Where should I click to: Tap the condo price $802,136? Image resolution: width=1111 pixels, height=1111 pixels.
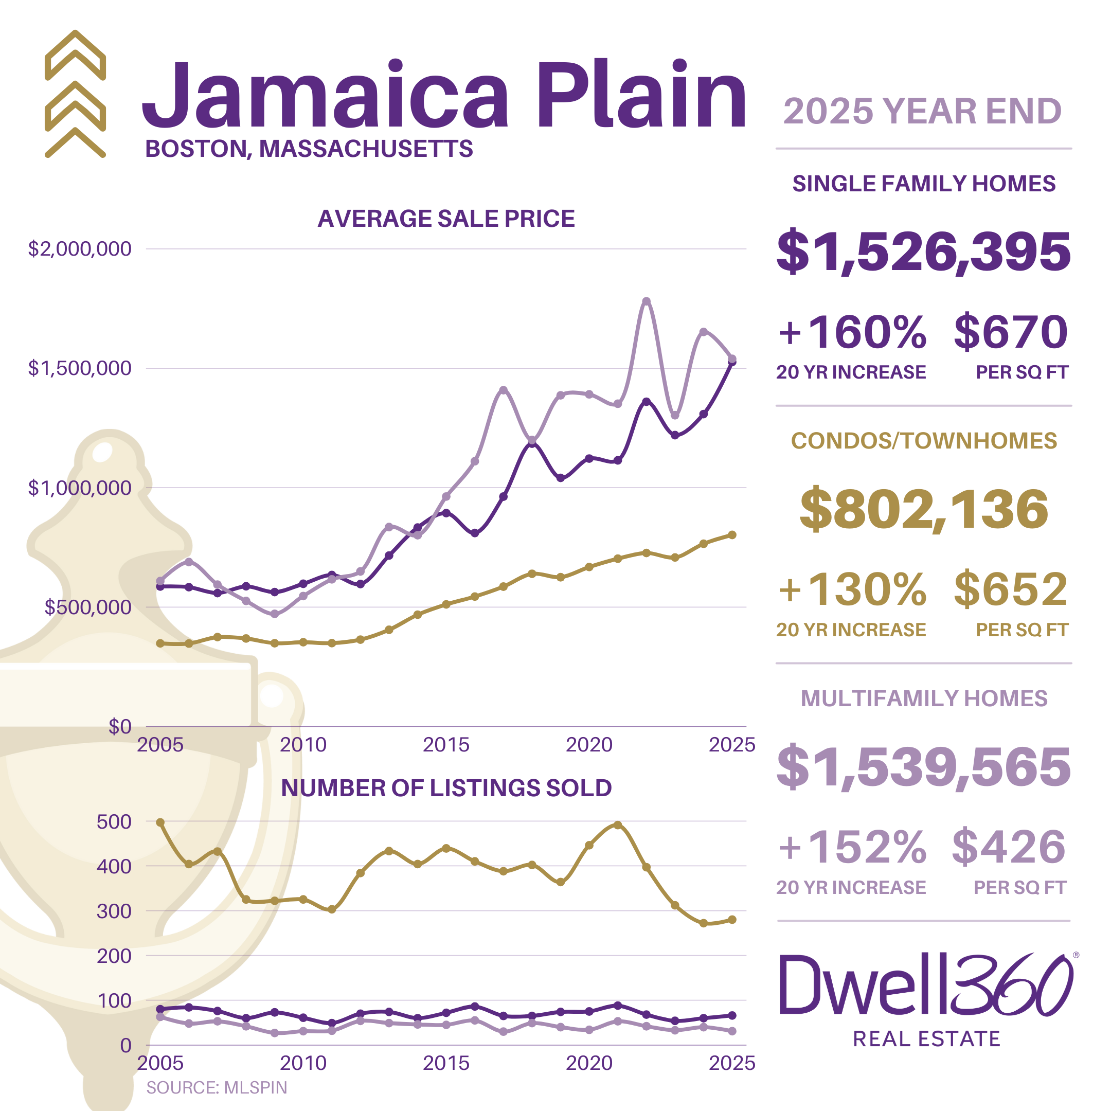[924, 509]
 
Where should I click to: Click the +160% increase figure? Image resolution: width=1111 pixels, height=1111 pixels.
[852, 332]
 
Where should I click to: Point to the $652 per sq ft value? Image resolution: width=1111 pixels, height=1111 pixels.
[1010, 589]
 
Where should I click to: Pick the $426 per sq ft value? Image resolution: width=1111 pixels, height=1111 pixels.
[1009, 847]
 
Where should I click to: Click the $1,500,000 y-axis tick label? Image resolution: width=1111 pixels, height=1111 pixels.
[79, 368]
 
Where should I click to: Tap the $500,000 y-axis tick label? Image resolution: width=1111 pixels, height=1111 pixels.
[87, 607]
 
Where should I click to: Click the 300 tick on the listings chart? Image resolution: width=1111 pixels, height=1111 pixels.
[114, 911]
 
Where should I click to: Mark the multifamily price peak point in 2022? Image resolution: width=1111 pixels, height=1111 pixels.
[647, 301]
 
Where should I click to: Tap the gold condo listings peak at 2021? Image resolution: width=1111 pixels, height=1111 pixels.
[618, 825]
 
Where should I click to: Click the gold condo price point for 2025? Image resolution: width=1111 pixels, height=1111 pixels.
[732, 535]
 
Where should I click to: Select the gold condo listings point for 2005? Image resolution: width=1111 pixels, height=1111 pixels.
[160, 822]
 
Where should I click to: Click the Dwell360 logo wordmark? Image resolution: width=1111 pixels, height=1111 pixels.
[926, 985]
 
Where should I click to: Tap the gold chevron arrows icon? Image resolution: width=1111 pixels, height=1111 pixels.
[75, 94]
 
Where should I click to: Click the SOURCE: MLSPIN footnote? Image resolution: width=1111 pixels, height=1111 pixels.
[216, 1087]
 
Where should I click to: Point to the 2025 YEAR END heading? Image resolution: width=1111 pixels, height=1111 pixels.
[922, 111]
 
